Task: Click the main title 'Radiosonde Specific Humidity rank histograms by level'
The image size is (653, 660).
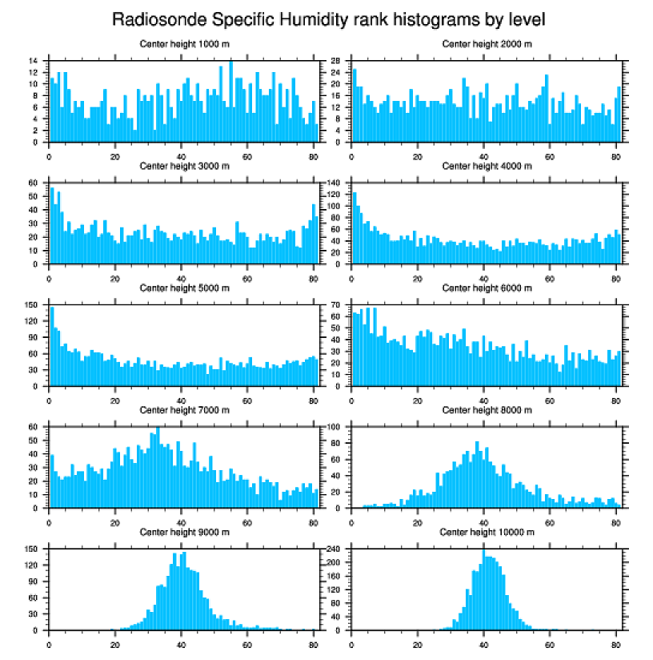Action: pyautogui.click(x=327, y=19)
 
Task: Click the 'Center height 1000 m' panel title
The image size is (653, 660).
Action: pyautogui.click(x=184, y=44)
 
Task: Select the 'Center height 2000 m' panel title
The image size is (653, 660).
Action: pyautogui.click(x=487, y=44)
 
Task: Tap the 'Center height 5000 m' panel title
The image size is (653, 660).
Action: pyautogui.click(x=184, y=288)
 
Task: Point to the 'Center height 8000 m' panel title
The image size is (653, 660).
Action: pyautogui.click(x=487, y=410)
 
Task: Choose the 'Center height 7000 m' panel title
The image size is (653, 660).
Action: pyautogui.click(x=184, y=410)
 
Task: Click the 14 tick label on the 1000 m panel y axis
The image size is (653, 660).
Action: pyautogui.click(x=34, y=61)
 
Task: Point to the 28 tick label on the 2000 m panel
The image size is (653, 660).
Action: pyautogui.click(x=337, y=61)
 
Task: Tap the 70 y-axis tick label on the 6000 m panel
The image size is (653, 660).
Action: pyautogui.click(x=337, y=305)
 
